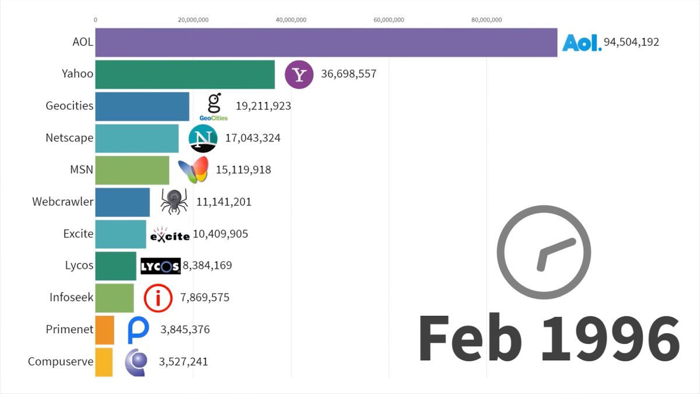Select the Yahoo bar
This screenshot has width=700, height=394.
click(184, 74)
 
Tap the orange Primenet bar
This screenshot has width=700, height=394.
click(104, 330)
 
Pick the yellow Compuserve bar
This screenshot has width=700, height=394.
click(103, 362)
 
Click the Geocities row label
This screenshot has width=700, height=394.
click(69, 106)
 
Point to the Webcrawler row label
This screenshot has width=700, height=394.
click(63, 202)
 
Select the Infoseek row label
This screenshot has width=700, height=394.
click(71, 298)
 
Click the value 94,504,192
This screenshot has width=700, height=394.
click(631, 42)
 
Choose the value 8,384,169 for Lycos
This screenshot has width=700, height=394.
click(207, 266)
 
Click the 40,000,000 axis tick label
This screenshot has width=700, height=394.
click(290, 20)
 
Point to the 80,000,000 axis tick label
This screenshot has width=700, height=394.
click(486, 20)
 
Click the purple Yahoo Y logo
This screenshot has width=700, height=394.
click(299, 75)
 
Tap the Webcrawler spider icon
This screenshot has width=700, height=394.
click(174, 202)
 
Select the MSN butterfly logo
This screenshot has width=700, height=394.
click(193, 170)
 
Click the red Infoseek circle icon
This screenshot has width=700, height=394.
click(158, 298)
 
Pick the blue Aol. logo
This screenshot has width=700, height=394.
click(581, 43)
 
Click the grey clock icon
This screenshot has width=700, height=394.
click(544, 252)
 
